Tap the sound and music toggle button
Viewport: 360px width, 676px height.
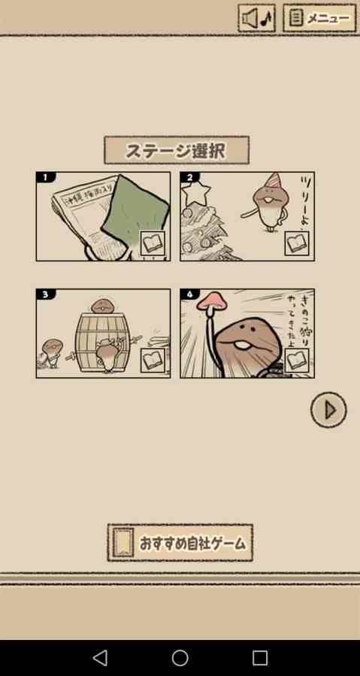click(257, 18)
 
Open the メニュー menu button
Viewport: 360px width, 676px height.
click(319, 18)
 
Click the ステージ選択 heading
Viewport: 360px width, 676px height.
click(176, 150)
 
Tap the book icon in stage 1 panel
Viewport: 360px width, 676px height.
click(153, 243)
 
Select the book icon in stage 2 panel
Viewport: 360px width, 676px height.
click(297, 243)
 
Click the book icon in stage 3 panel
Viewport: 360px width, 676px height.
click(153, 361)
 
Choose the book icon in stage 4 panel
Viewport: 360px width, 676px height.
click(297, 361)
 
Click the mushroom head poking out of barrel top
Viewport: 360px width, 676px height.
click(101, 306)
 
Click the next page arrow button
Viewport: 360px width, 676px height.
click(328, 410)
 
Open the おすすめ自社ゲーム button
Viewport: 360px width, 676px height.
click(180, 543)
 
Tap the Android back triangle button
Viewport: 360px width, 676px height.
click(100, 658)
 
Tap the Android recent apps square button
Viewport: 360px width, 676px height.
click(260, 658)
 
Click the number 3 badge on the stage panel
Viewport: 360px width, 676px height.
click(45, 294)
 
